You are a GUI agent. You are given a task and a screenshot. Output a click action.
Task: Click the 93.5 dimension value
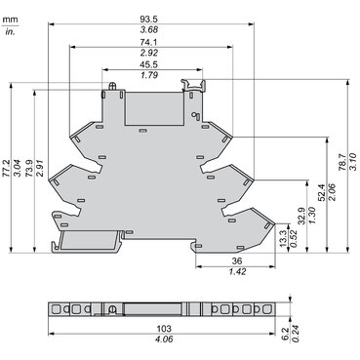[x=149, y=20]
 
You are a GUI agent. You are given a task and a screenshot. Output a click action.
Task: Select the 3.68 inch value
[x=149, y=30]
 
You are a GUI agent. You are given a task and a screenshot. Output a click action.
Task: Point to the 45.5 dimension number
[x=149, y=64]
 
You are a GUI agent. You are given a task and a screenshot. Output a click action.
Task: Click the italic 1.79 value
[x=149, y=75]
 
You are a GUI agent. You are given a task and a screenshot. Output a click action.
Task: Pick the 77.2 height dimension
[x=6, y=168]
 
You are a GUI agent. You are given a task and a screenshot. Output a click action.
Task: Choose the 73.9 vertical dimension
[x=29, y=168]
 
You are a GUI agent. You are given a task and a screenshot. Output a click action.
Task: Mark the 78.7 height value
[x=341, y=162]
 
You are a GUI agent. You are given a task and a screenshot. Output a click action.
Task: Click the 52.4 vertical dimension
[x=322, y=192]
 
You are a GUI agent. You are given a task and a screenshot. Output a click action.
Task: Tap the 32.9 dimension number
[x=301, y=215]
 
